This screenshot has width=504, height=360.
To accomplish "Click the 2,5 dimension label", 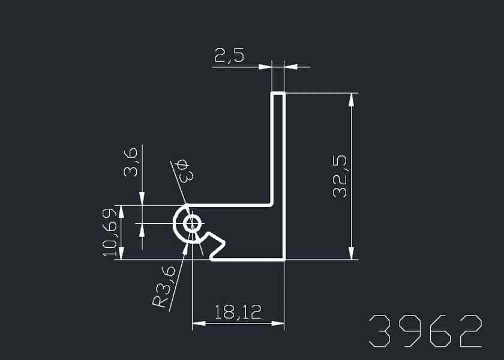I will tap(229, 56).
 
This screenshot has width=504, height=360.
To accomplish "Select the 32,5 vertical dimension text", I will tap(341, 176).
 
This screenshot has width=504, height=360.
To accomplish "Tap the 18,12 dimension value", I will tap(238, 312).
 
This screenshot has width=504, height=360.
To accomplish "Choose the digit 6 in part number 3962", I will tap(440, 331).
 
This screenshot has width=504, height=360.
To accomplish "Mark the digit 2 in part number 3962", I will tap(470, 331).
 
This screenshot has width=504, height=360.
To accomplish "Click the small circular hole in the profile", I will tap(193, 224).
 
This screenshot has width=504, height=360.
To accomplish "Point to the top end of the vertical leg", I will tap(278, 94).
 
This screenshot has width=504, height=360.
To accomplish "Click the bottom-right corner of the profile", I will tap(284, 259).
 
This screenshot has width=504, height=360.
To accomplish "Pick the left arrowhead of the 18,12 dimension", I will tap(199, 324).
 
